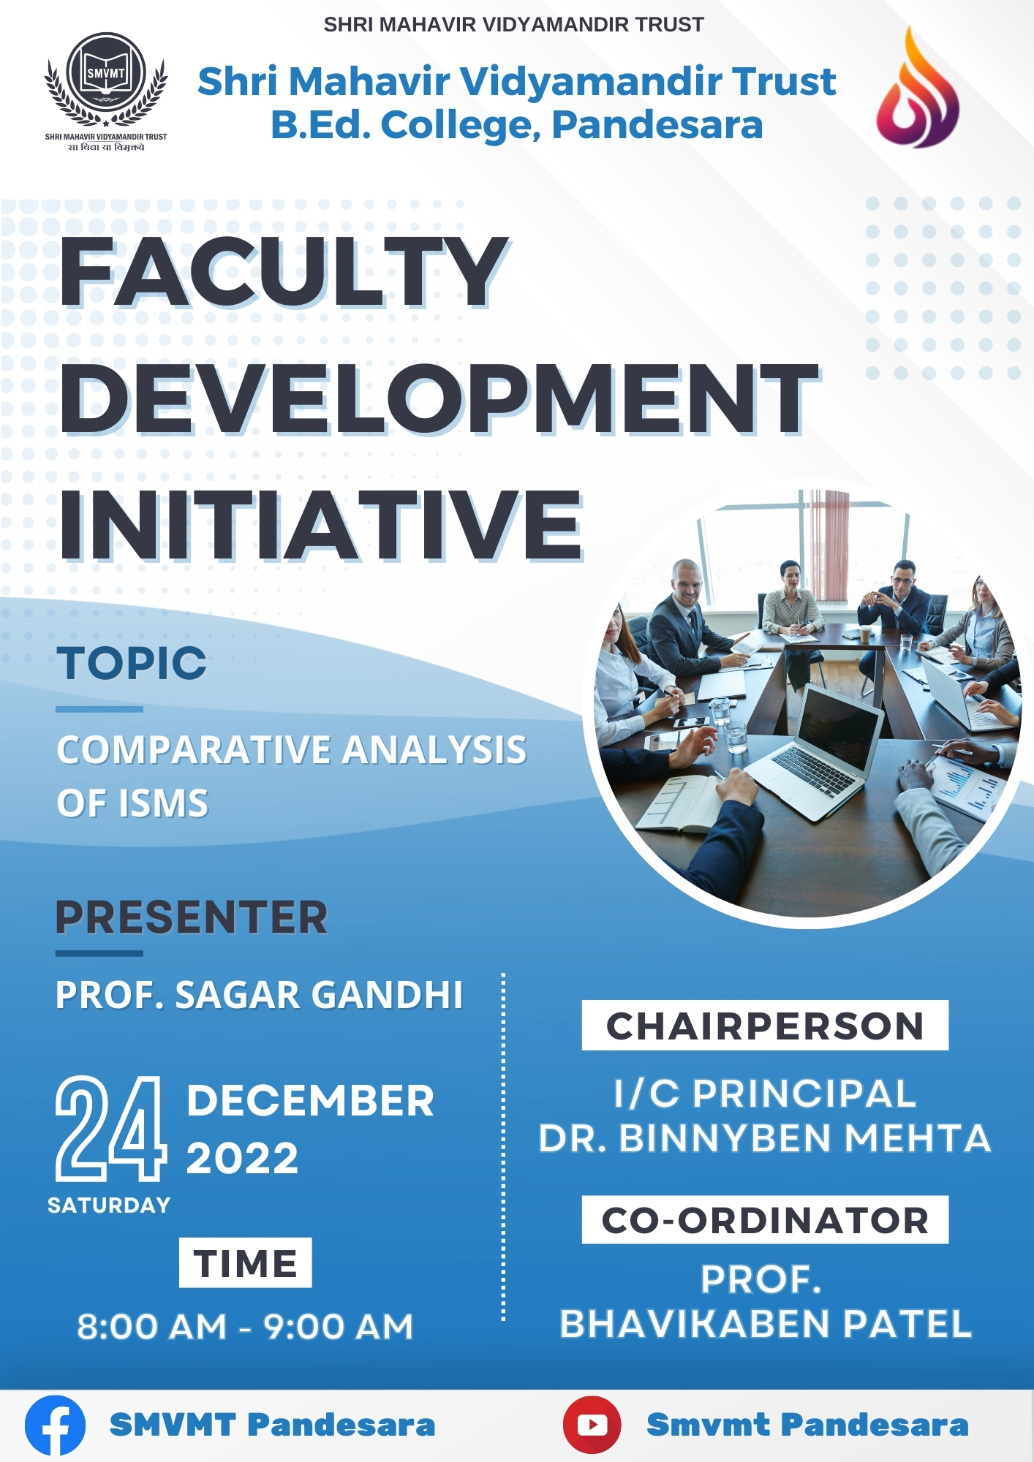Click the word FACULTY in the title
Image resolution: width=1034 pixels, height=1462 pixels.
(x=283, y=273)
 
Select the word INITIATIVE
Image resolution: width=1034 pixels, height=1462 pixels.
(x=320, y=524)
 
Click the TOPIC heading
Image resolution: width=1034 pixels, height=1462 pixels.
(x=132, y=664)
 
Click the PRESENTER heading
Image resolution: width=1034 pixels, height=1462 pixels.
(x=192, y=917)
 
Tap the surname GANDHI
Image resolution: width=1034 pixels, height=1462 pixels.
(x=388, y=995)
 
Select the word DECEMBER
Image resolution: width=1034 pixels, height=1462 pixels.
(x=310, y=1100)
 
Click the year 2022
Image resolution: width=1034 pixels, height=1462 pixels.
(x=242, y=1158)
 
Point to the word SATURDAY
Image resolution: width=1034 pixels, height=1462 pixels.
(x=109, y=1205)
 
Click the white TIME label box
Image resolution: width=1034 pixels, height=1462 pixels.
(x=246, y=1262)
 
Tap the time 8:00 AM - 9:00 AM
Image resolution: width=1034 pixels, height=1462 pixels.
(x=246, y=1326)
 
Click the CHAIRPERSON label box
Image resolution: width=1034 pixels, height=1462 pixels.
(x=765, y=1026)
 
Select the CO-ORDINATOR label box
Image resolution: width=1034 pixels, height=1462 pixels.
(x=765, y=1220)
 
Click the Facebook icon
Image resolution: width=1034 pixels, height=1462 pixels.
(x=55, y=1425)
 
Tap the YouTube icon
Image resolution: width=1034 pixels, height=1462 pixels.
(x=592, y=1425)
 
